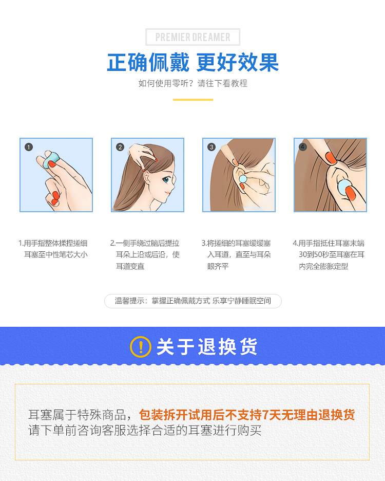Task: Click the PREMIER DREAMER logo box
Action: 192,37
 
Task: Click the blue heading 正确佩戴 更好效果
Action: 193,63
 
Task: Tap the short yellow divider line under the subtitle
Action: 193,100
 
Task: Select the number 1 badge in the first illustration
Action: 29,147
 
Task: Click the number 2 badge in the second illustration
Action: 120,147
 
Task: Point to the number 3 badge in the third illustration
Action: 211,147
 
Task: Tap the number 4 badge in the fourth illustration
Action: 303,147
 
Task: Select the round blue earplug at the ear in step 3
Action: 243,178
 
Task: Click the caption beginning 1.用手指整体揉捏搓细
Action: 53,249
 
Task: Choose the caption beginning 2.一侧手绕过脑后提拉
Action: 145,254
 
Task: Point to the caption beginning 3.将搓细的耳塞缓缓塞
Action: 236,254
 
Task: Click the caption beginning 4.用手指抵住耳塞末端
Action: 329,254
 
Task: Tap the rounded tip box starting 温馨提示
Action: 193,301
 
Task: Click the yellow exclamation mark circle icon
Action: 141,347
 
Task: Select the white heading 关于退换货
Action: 207,347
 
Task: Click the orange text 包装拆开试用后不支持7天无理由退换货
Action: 247,415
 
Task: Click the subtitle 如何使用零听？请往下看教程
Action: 193,83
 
